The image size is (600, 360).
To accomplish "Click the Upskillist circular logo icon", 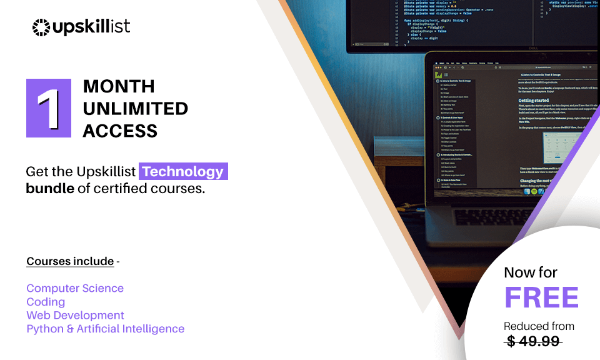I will [x=41, y=27].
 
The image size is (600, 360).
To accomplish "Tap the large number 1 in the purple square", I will [x=48, y=108].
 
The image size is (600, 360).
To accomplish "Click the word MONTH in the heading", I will [x=119, y=86].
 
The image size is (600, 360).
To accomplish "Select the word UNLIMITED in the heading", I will [x=135, y=108].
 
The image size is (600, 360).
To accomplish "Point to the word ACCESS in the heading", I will [x=120, y=131].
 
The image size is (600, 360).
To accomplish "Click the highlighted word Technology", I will [x=182, y=171].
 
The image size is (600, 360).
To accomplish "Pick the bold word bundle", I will [x=50, y=188].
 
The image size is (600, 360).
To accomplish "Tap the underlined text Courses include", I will [x=70, y=261].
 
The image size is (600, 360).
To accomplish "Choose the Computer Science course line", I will [x=75, y=288].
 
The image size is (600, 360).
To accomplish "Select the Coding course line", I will [x=46, y=302].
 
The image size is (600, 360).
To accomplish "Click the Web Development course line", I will [x=75, y=315].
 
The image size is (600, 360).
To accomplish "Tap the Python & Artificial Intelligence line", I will [x=105, y=329].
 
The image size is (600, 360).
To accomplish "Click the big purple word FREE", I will [x=541, y=297].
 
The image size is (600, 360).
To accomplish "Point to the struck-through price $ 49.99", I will [x=534, y=341].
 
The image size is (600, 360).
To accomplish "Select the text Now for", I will [x=531, y=272].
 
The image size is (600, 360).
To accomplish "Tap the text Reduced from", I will [x=539, y=326].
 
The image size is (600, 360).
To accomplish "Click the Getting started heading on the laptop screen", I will [x=533, y=100].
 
